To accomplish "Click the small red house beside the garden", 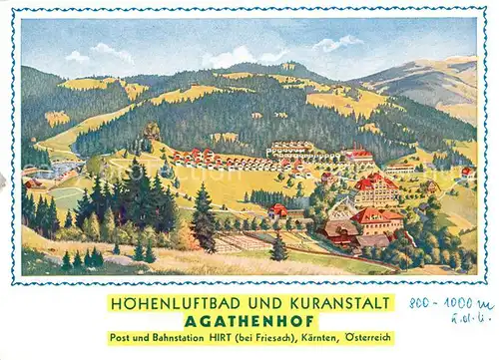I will [x=278, y=210].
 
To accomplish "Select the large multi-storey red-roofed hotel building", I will [x=376, y=189].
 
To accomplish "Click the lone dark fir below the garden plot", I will [x=279, y=249].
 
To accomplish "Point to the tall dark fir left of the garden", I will [x=203, y=219].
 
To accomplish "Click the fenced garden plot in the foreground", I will [x=246, y=240].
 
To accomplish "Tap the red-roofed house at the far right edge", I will [x=466, y=173].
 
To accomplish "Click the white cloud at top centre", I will [x=232, y=57].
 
